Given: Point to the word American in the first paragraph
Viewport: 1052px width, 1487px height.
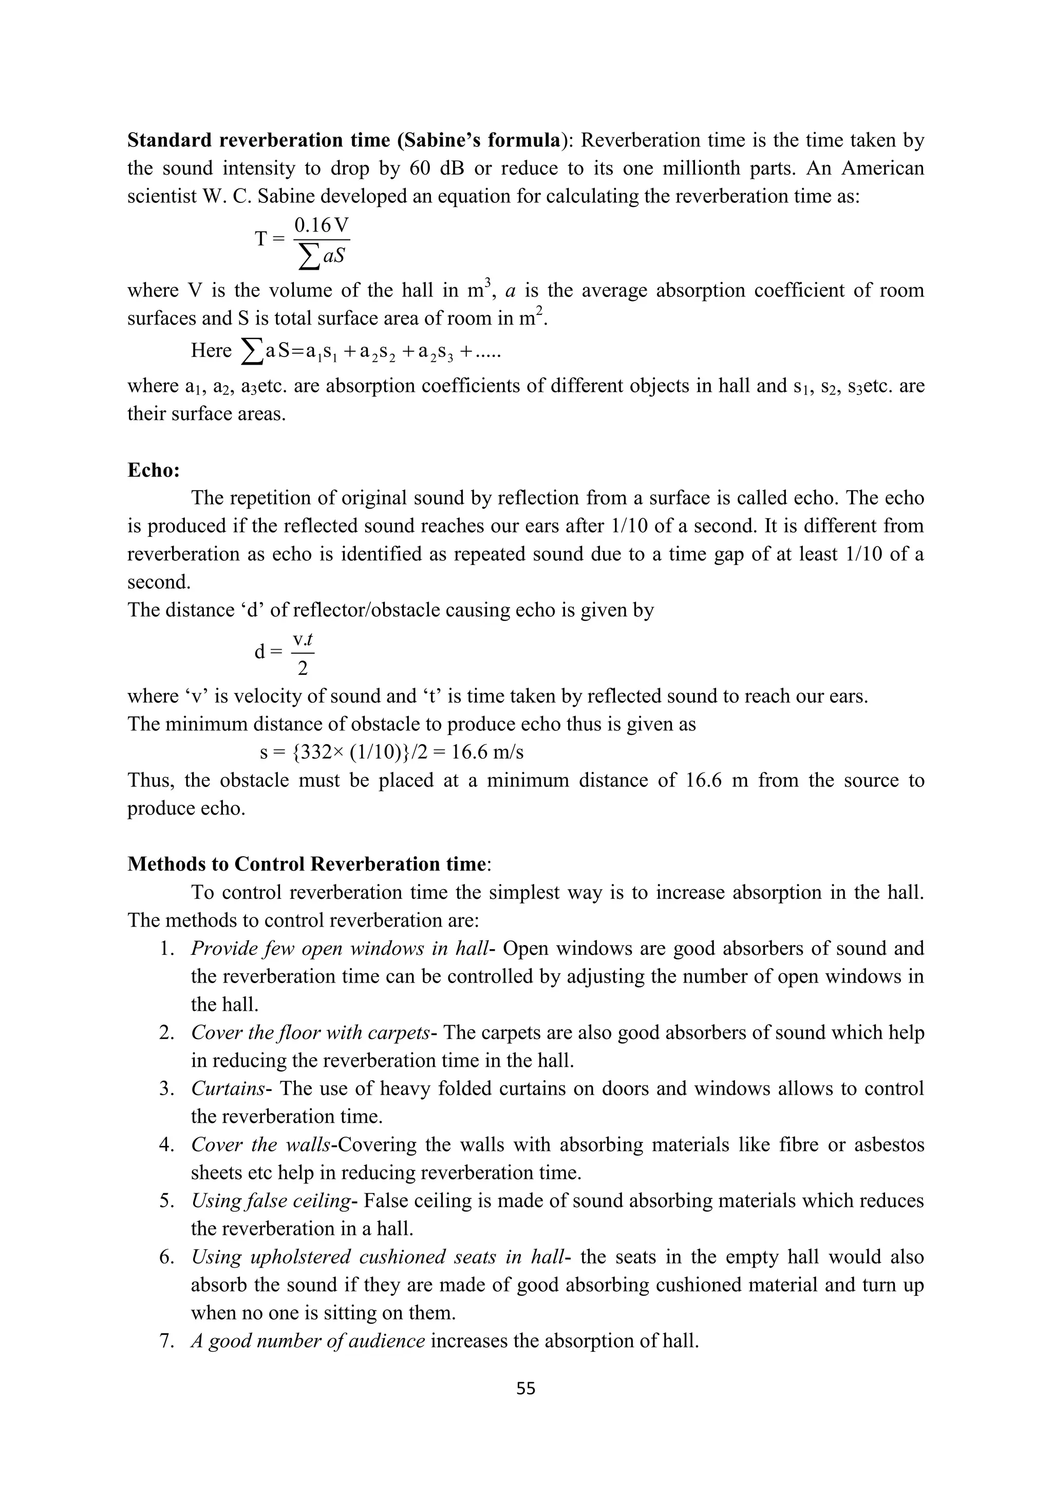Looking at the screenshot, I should tap(883, 168).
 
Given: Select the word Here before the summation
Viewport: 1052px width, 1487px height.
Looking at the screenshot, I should tap(211, 351).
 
